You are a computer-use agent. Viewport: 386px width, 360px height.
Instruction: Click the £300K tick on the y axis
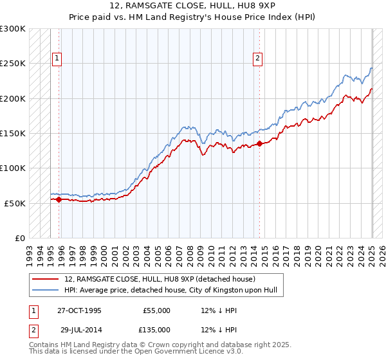click(13, 29)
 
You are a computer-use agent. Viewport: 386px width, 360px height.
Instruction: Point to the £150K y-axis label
click(13, 134)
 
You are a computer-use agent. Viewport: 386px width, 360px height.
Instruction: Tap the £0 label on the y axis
click(20, 238)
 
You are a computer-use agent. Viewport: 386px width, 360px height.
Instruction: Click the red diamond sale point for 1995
click(59, 199)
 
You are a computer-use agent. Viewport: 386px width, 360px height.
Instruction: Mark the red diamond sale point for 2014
click(259, 144)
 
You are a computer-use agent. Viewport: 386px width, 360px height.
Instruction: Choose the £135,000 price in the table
click(156, 329)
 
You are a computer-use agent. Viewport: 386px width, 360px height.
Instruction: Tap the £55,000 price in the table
click(156, 310)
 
